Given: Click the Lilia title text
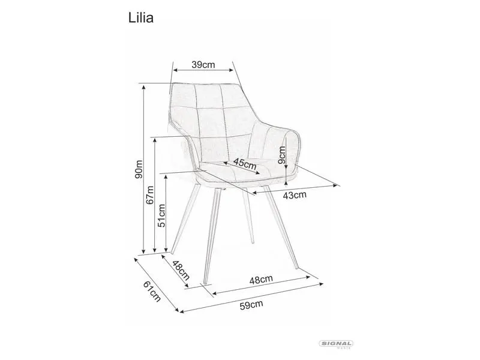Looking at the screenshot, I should (142, 19).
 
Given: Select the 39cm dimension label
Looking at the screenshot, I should (203, 65).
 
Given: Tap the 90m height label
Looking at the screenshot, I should (138, 170).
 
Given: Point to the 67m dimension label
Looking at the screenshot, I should (151, 196).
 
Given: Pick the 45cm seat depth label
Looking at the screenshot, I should (245, 164).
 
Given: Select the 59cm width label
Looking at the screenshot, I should (252, 305).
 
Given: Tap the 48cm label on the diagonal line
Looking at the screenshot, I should (181, 271).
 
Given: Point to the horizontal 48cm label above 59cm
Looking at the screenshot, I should (262, 278).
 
